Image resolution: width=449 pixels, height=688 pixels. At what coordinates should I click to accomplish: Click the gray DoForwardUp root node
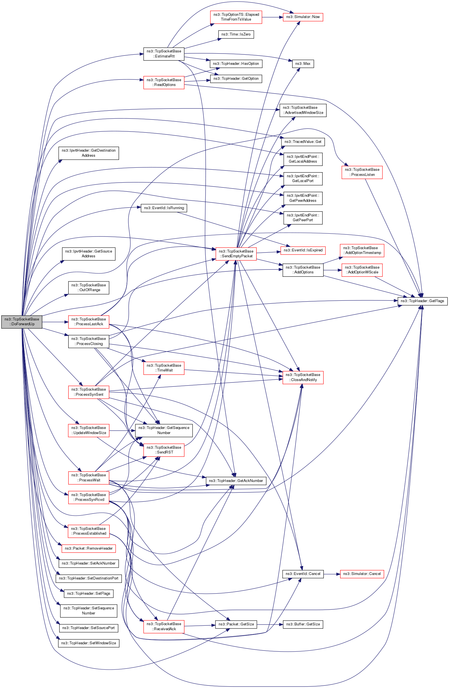coord(22,322)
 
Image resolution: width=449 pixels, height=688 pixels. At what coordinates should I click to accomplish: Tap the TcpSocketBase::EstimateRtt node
coord(164,54)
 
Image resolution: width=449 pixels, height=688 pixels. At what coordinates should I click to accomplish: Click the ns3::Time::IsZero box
coord(236,34)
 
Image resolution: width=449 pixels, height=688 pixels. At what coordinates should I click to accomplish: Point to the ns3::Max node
coord(303,64)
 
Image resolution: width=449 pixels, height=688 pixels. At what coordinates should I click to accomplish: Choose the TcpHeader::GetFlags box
coord(422,301)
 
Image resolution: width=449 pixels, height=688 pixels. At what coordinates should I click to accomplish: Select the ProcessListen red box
coord(362,172)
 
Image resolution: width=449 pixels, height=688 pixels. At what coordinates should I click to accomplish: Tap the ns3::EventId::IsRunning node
coord(164,208)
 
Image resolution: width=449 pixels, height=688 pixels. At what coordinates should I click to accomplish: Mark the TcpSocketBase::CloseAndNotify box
coord(303,377)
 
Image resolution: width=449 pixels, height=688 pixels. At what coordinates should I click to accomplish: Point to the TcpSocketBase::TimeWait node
coord(164,368)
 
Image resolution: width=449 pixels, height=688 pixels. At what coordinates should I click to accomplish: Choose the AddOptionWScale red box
coord(362,270)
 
